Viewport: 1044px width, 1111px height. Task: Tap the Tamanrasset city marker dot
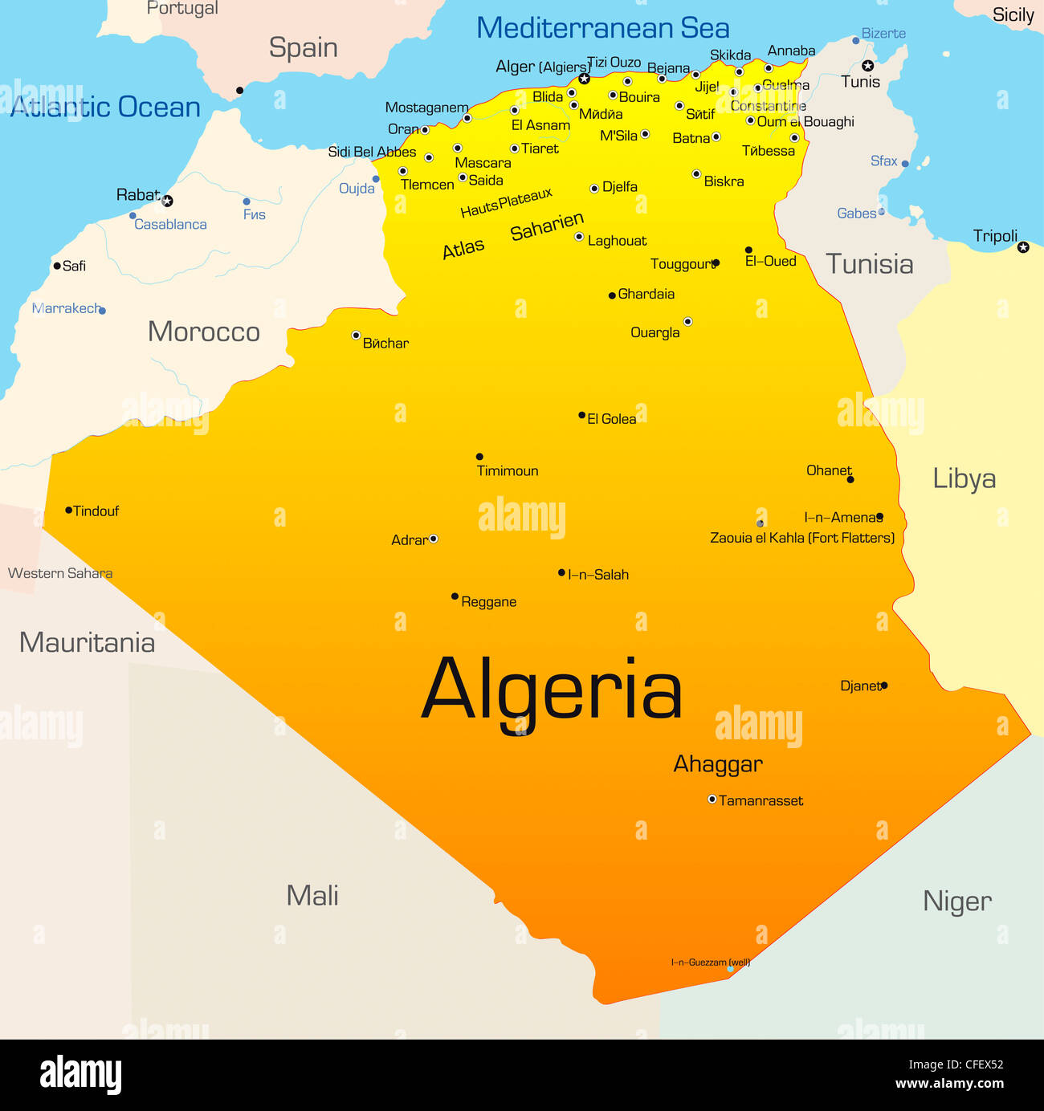point(712,800)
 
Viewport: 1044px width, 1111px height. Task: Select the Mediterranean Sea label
point(602,28)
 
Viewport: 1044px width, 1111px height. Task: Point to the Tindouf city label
point(96,511)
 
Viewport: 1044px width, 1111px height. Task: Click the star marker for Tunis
point(867,66)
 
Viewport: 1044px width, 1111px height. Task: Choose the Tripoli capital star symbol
point(1023,247)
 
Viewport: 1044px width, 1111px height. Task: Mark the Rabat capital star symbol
point(167,201)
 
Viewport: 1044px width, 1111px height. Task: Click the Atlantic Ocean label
point(105,107)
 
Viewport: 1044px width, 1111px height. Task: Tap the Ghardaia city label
point(646,295)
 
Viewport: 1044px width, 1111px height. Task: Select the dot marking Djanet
point(884,686)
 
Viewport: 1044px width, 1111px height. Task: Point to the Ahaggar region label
point(717,764)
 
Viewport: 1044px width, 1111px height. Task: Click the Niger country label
point(956,901)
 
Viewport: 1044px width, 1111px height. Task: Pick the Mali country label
point(312,896)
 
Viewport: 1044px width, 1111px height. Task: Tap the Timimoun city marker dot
point(479,457)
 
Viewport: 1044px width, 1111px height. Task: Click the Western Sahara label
point(60,573)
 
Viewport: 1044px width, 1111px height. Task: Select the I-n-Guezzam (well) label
point(710,962)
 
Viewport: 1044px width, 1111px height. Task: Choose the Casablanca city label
point(170,225)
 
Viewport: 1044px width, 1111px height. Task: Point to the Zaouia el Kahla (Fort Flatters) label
point(801,538)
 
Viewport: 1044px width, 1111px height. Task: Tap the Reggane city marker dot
point(455,596)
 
